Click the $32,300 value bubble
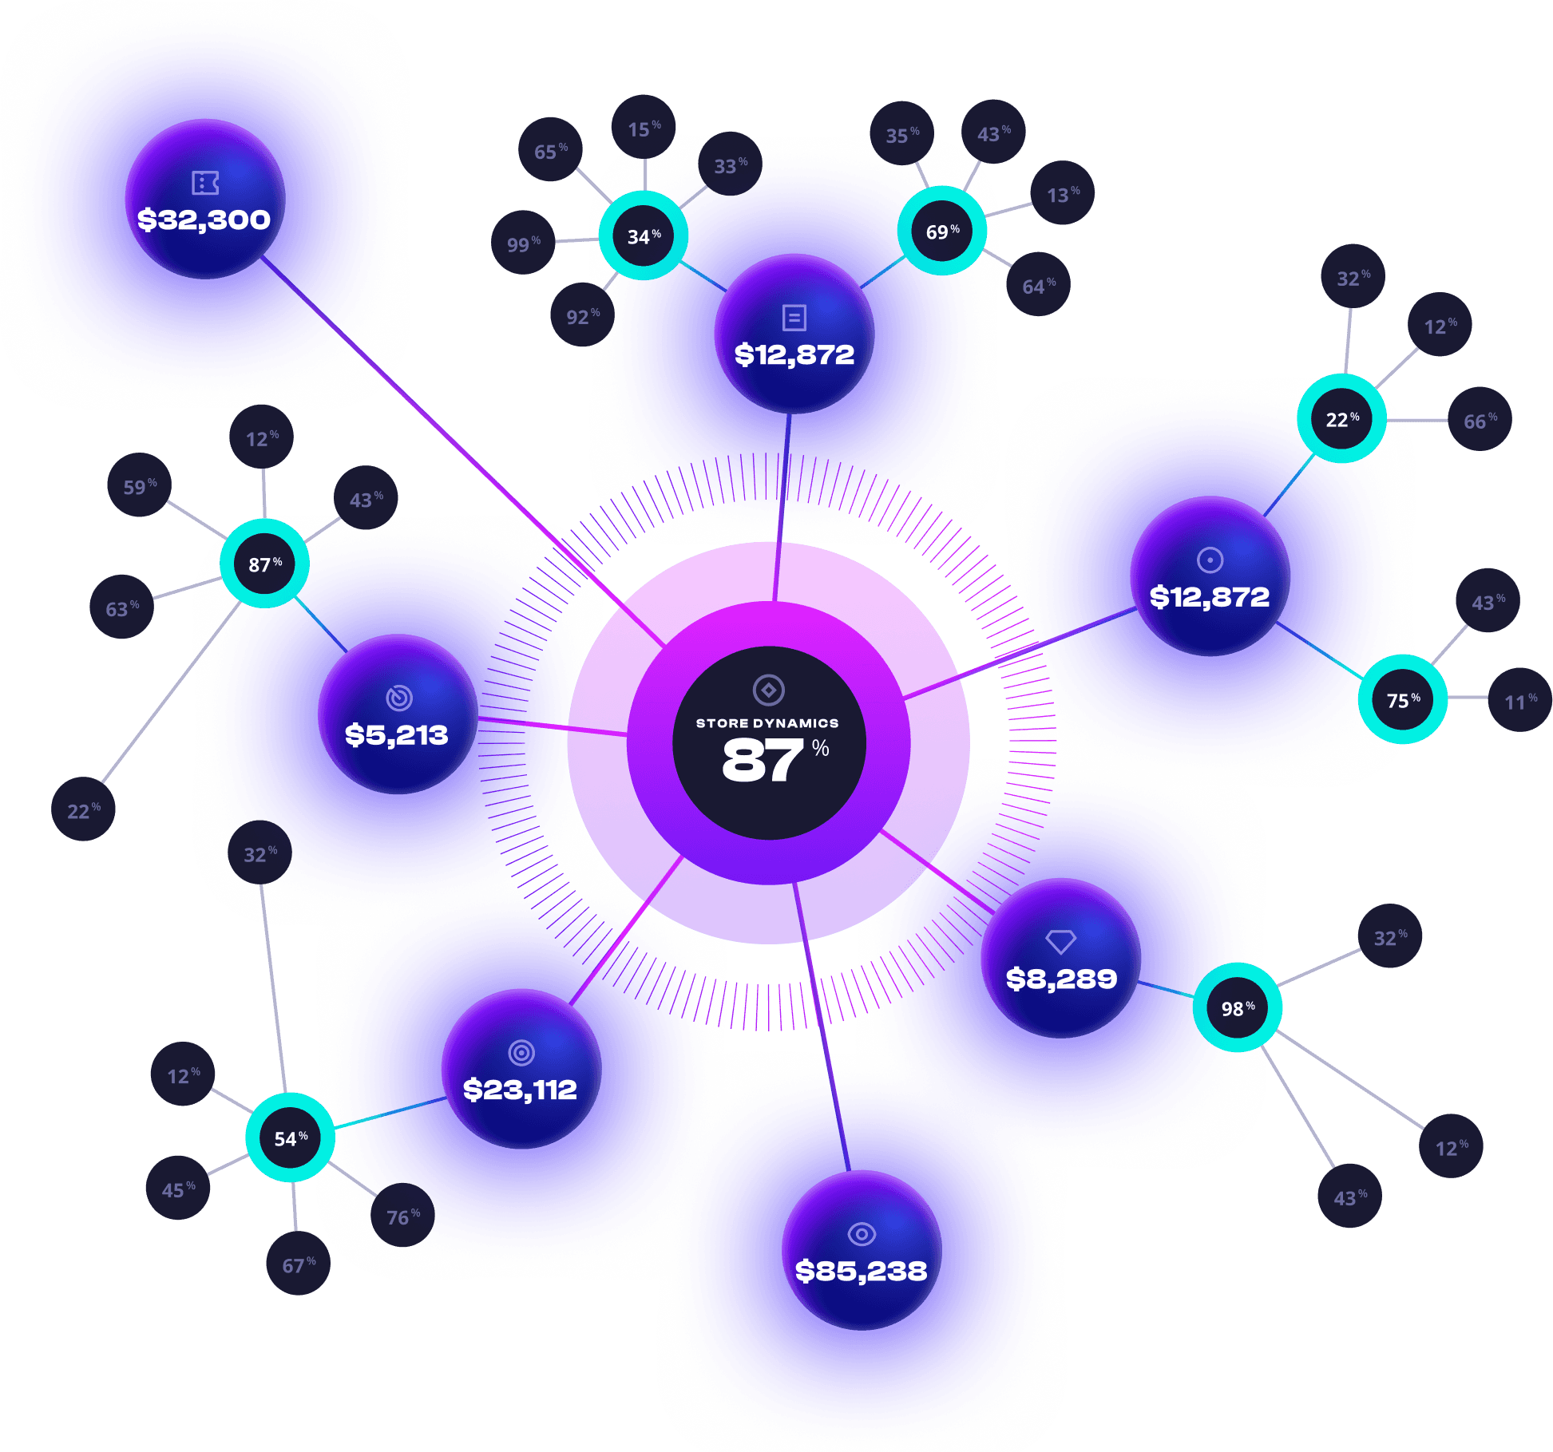pos(204,200)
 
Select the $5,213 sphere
pos(398,714)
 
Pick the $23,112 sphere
pos(521,1070)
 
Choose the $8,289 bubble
pos(1060,958)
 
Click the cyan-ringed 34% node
pos(644,235)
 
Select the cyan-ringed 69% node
pos(942,231)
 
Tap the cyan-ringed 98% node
pos(1238,1007)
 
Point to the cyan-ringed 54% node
pos(290,1137)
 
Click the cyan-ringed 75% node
pos(1403,699)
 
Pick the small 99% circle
pos(523,243)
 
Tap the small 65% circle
pos(550,150)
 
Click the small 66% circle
pos(1480,420)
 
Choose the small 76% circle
pos(402,1216)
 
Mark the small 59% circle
pos(139,485)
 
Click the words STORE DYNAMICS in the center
pos(767,723)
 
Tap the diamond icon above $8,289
pos(1060,942)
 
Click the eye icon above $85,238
pos(861,1234)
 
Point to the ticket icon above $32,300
pos(205,183)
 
